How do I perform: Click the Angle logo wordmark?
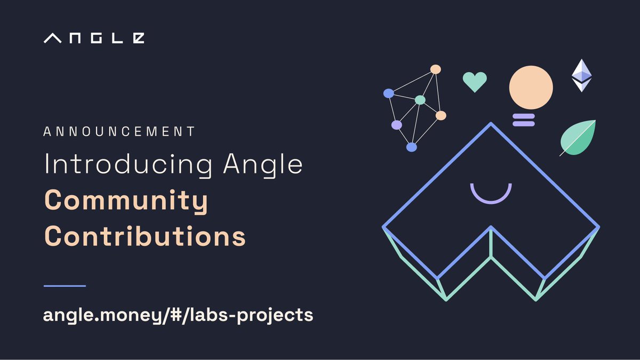tap(94, 38)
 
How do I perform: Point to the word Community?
tap(126, 201)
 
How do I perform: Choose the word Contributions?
tap(145, 235)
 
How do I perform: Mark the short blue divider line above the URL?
tap(65, 286)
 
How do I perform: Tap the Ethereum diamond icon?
tap(581, 75)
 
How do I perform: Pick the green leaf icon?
tap(579, 138)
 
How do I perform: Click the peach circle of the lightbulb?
tap(531, 87)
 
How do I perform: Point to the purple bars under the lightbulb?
tap(523, 120)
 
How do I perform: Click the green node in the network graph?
tap(420, 100)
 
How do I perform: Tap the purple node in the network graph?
tap(396, 125)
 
